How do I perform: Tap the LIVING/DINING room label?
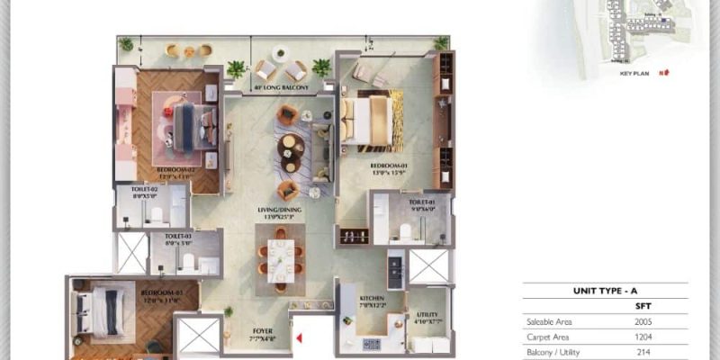tap(278, 212)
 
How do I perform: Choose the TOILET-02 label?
tap(144, 192)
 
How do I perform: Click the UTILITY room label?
tap(427, 292)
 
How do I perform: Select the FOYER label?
tap(262, 329)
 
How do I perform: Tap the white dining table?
tap(280, 257)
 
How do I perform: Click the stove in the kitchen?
tap(372, 343)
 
